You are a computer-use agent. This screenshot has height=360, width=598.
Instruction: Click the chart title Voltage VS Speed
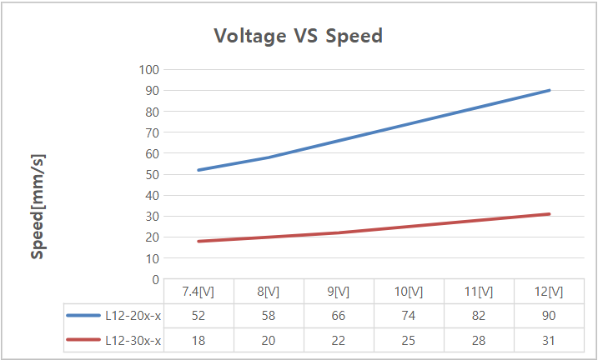pyautogui.click(x=298, y=36)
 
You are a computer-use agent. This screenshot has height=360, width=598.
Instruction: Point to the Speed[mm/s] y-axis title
pyautogui.click(x=38, y=206)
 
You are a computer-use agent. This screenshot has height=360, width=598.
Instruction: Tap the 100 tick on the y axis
pyautogui.click(x=149, y=69)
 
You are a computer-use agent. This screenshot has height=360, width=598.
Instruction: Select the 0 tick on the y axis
pyautogui.click(x=155, y=279)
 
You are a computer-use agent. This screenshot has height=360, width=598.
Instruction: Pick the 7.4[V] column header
pyautogui.click(x=198, y=292)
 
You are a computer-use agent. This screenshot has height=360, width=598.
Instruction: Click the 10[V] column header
pyautogui.click(x=408, y=292)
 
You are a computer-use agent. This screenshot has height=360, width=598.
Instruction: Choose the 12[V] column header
pyautogui.click(x=548, y=292)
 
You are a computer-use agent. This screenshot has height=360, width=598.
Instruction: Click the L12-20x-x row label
pyautogui.click(x=133, y=316)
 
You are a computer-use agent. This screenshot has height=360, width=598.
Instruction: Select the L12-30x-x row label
pyautogui.click(x=133, y=340)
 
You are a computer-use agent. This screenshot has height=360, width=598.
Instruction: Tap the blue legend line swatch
pyautogui.click(x=83, y=316)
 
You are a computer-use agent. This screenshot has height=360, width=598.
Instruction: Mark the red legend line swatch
pyautogui.click(x=83, y=340)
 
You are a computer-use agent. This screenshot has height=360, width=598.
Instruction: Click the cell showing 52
pyautogui.click(x=198, y=316)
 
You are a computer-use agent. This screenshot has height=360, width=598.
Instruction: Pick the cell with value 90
pyautogui.click(x=548, y=316)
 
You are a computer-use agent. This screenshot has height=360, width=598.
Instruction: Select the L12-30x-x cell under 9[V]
pyautogui.click(x=338, y=340)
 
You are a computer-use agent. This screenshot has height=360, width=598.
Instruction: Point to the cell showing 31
pyautogui.click(x=548, y=340)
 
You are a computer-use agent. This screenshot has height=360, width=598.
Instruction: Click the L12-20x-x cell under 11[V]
pyautogui.click(x=478, y=316)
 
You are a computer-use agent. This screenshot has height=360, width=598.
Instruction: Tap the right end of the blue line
pyautogui.click(x=550, y=90)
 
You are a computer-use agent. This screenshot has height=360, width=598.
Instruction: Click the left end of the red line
pyautogui.click(x=198, y=241)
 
